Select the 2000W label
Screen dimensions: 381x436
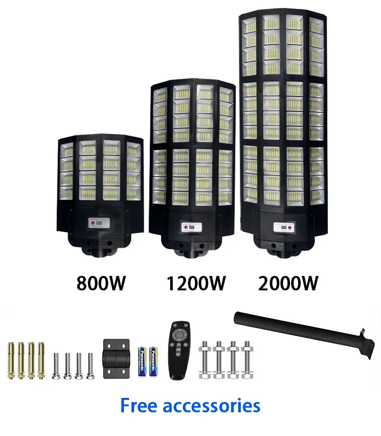click(288, 283)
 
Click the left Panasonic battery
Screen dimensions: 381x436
click(143, 360)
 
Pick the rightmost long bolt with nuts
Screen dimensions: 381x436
click(247, 359)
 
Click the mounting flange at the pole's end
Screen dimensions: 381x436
click(363, 337)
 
